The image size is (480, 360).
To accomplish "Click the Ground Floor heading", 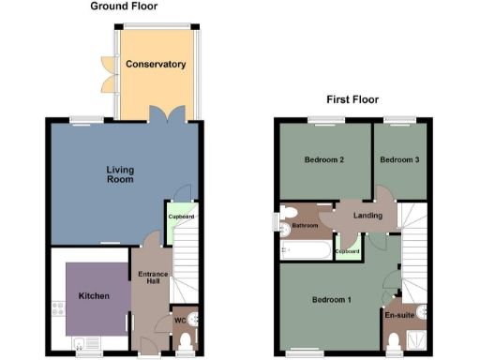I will click(124, 7).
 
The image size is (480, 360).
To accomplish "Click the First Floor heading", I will click(353, 98).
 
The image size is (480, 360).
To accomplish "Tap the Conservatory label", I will click(155, 65).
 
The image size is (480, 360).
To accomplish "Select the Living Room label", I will click(119, 174).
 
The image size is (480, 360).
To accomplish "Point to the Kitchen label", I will click(94, 296).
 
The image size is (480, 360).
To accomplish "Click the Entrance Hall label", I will click(151, 278).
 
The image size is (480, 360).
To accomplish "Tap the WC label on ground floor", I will click(180, 320).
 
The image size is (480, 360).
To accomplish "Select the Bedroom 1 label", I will click(331, 300).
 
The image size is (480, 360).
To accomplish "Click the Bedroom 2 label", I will click(324, 160).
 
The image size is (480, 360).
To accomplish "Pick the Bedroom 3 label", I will click(398, 160).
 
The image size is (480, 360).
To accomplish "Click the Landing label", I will click(367, 216).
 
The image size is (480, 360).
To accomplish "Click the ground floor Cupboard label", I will click(181, 217).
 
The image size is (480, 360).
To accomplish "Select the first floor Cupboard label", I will click(348, 251).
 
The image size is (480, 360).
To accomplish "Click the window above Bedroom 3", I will click(399, 119).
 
